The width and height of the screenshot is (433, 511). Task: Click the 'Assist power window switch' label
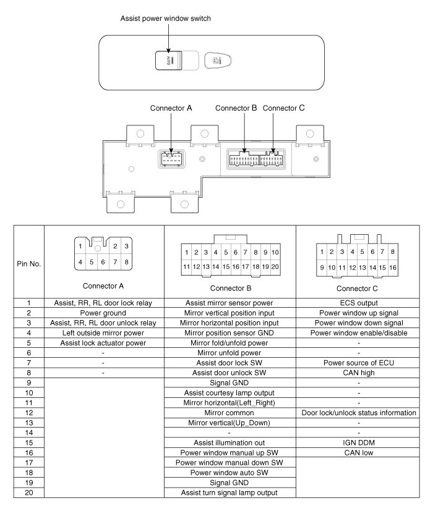[165, 19]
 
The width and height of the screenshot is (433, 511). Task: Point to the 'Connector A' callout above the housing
[171, 108]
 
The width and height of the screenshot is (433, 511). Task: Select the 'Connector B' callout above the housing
[236, 108]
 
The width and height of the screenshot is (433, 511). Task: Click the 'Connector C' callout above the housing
[284, 108]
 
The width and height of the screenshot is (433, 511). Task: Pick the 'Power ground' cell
[104, 313]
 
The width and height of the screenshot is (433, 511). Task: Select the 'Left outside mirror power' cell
[104, 332]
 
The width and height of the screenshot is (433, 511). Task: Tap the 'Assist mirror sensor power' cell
[230, 303]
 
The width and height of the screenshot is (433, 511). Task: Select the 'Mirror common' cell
[230, 412]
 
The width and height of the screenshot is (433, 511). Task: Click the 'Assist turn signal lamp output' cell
[230, 492]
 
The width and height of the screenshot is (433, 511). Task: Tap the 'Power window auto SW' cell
[230, 472]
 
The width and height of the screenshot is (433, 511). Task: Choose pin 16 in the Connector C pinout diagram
[393, 268]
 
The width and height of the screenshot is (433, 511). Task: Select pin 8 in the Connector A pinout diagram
[126, 261]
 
